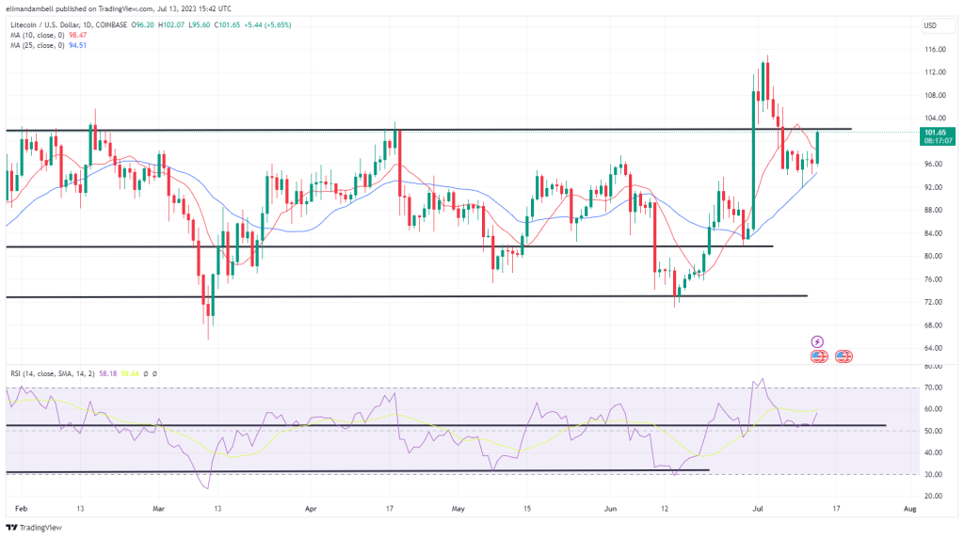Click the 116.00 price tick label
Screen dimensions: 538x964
coord(934,49)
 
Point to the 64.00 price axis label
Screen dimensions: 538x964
coord(934,348)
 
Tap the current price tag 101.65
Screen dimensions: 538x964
coord(938,132)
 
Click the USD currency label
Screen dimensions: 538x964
coord(931,24)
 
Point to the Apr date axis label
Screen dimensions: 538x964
coord(310,507)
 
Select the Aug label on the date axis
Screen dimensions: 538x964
coord(909,507)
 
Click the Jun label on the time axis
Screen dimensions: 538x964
coord(610,507)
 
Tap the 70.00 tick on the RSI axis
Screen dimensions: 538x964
coord(933,388)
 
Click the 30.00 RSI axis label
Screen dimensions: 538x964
coord(933,474)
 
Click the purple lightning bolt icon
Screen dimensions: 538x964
coord(817,341)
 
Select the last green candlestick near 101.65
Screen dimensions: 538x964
coord(817,147)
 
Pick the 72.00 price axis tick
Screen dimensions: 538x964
coord(934,302)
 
